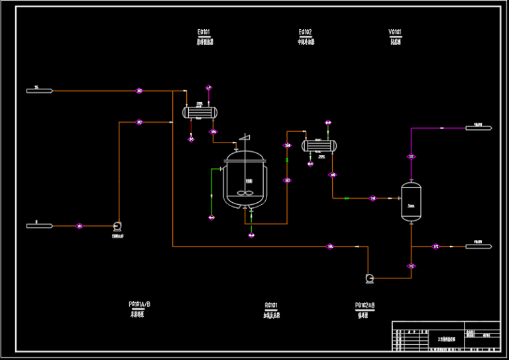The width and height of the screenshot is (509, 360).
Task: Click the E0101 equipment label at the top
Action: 203,31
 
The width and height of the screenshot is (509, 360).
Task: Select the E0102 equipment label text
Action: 306,31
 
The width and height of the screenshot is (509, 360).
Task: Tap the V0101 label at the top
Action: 395,31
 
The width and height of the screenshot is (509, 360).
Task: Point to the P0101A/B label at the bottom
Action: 140,304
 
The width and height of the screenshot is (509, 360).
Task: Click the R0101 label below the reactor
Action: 271,305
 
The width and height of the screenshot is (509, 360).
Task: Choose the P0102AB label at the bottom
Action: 365,305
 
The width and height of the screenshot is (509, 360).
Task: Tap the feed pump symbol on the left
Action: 117,226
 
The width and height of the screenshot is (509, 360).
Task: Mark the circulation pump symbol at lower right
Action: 370,278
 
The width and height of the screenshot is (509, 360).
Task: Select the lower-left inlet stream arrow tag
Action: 39,226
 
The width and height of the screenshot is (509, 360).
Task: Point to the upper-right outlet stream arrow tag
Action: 479,127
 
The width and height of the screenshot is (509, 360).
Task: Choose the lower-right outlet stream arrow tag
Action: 479,247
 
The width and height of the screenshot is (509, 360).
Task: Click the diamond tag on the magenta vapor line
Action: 412,156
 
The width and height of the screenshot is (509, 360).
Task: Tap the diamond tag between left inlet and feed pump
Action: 80,226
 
